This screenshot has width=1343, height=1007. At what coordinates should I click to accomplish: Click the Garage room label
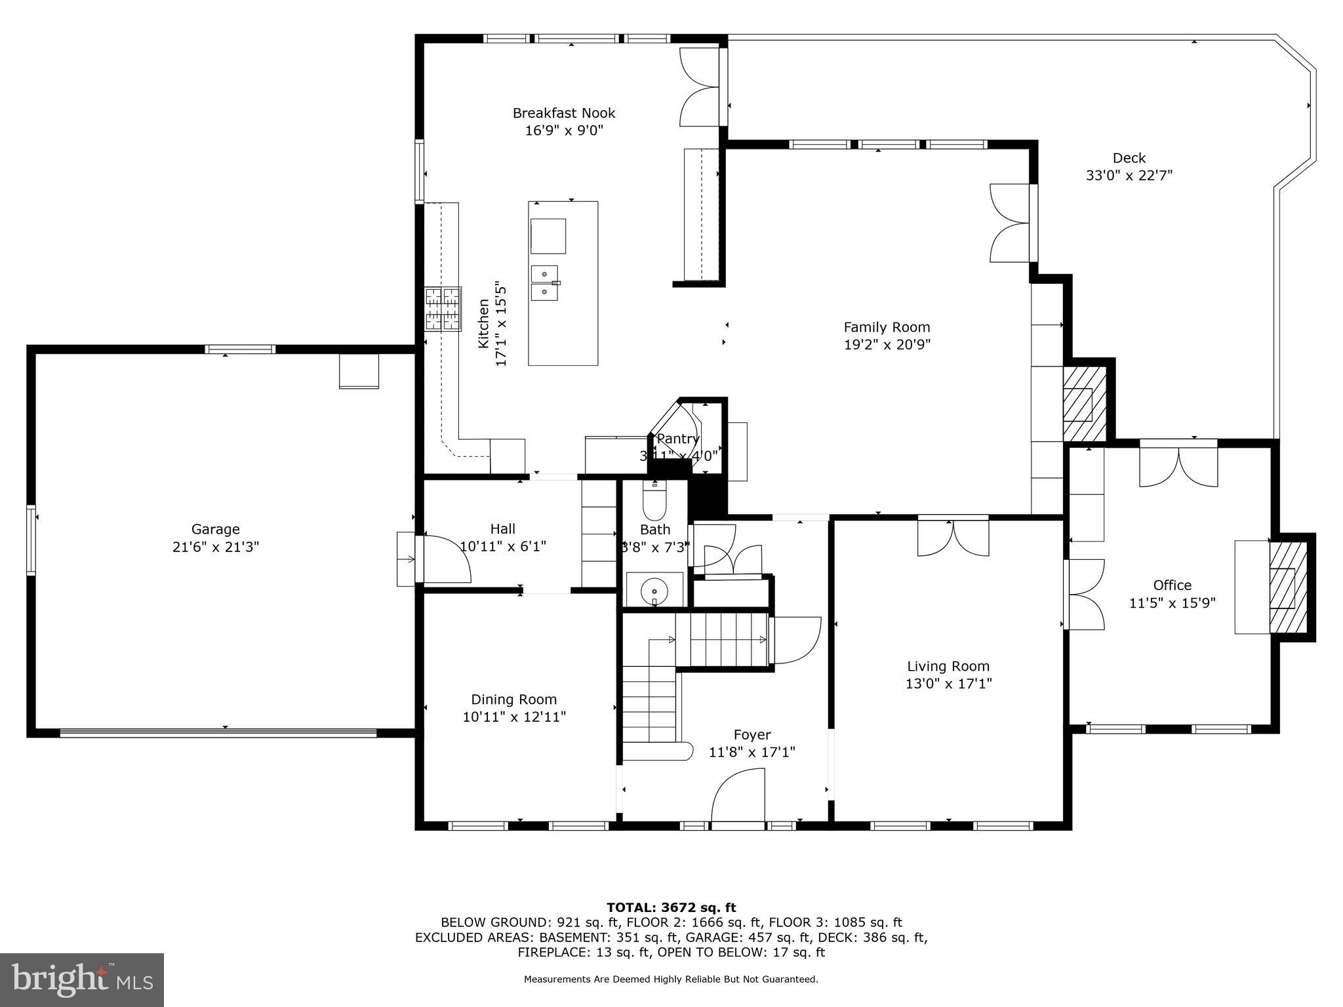point(215,529)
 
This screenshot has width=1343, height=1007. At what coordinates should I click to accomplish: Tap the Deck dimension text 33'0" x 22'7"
point(1129,176)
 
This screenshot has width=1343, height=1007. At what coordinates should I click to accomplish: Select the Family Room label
point(887,327)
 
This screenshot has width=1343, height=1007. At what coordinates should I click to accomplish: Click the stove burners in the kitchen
point(443,309)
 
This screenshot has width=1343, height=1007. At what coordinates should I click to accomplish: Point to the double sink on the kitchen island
point(544,283)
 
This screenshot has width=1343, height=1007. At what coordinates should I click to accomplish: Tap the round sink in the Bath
point(654,591)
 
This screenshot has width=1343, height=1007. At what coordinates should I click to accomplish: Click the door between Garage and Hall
point(446,559)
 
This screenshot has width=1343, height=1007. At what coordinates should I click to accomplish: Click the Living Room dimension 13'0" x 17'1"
point(948,684)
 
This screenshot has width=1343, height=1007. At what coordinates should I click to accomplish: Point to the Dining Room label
point(513,700)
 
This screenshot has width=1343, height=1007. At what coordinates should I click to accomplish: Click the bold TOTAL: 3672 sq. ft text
point(671,907)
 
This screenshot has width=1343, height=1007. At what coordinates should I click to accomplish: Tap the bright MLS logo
point(82,979)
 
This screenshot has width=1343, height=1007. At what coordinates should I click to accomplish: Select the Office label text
point(1172,585)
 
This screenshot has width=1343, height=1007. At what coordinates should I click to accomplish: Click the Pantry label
point(678,439)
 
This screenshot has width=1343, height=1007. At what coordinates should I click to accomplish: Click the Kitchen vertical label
point(484,323)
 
